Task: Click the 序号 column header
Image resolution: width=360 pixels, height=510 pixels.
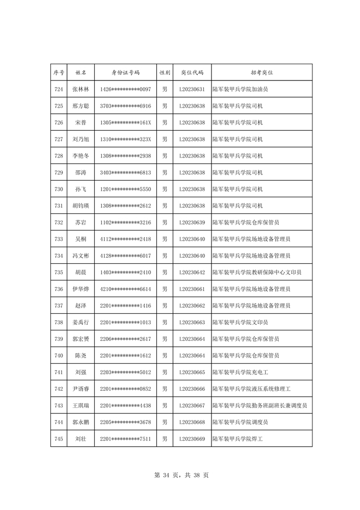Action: tap(59, 73)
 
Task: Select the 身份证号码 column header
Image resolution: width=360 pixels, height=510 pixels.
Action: tap(126, 73)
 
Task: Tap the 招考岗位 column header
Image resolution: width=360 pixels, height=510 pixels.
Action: tap(261, 73)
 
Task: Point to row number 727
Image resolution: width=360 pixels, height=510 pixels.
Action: tap(59, 139)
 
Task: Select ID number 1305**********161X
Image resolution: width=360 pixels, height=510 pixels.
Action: tap(126, 123)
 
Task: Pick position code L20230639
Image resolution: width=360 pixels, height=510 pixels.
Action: tap(192, 222)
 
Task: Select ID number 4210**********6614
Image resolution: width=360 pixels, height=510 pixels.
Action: tap(126, 289)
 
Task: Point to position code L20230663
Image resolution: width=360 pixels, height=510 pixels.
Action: tap(192, 322)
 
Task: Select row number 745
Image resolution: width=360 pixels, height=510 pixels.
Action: tap(59, 438)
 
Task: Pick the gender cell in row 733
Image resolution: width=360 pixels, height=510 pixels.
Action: tap(164, 239)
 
